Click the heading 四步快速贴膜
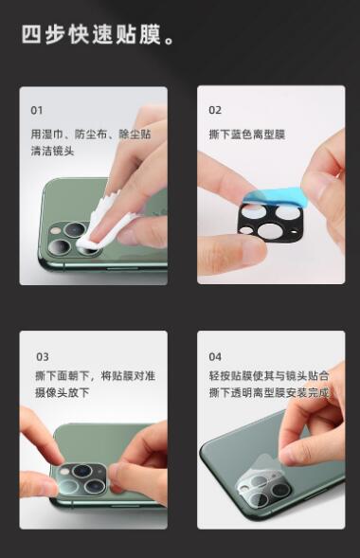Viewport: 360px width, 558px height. [92, 34]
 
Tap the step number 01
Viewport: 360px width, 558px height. [36, 110]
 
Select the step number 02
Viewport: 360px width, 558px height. [215, 110]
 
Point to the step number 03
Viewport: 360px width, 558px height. [43, 356]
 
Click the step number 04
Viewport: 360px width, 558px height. [215, 356]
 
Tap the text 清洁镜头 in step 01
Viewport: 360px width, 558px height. [52, 151]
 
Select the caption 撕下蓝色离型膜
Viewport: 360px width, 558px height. [247, 135]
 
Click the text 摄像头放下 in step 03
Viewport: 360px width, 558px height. [62, 392]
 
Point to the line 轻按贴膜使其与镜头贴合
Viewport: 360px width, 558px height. [268, 376]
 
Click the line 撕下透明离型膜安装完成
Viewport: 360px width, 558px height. [268, 392]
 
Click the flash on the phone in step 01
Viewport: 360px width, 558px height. [56, 230]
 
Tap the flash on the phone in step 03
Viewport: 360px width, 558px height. [64, 472]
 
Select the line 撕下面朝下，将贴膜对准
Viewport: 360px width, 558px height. [95, 376]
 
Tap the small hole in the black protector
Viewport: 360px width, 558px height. [294, 233]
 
